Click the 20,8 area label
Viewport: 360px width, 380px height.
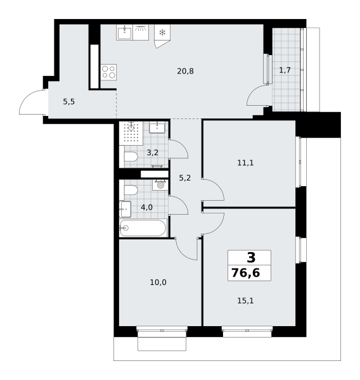(x=185, y=71)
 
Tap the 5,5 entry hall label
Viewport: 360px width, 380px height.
(x=69, y=102)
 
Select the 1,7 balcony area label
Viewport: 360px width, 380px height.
(x=285, y=70)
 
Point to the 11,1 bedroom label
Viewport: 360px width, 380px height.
(x=245, y=163)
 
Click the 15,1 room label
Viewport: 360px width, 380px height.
(x=245, y=301)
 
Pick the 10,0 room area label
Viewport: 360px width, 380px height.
(x=158, y=282)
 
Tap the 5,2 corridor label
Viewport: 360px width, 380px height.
(x=185, y=178)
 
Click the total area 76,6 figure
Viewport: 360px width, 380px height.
(x=246, y=273)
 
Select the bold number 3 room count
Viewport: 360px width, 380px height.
(x=251, y=257)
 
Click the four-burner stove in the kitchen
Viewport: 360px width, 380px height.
(x=108, y=72)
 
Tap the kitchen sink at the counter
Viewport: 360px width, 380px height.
(x=124, y=32)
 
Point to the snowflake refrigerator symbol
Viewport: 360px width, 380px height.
(x=162, y=32)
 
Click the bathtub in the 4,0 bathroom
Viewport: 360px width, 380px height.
(x=143, y=228)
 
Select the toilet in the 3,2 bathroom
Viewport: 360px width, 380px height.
(x=131, y=156)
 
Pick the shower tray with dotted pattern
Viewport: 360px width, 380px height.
(x=131, y=133)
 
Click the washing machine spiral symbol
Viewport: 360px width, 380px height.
(x=160, y=185)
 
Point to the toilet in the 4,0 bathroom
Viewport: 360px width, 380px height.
(x=131, y=190)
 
